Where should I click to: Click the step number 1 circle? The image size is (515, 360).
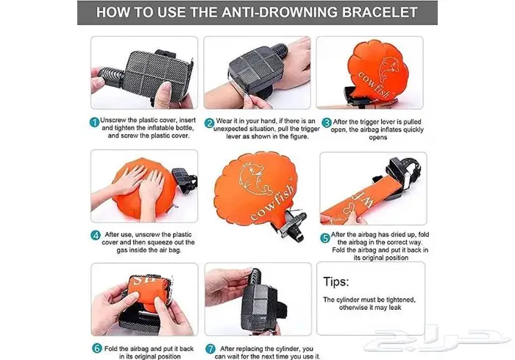click(94, 122)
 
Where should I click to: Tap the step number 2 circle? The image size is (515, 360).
click(209, 123)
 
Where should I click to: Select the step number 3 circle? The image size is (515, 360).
click(327, 123)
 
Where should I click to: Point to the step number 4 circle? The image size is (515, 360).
click(95, 236)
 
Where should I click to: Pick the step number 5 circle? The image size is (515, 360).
click(325, 238)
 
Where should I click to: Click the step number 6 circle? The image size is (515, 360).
click(97, 348)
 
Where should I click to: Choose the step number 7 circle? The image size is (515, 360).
click(210, 349)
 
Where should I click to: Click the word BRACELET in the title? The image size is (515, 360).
click(380, 13)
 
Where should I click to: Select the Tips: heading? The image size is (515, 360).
click(336, 282)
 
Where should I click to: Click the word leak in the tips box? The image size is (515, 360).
click(395, 308)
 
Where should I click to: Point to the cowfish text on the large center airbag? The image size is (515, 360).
click(271, 202)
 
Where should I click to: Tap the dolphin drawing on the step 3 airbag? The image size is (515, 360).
click(388, 69)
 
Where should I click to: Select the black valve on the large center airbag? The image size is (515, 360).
click(292, 225)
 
